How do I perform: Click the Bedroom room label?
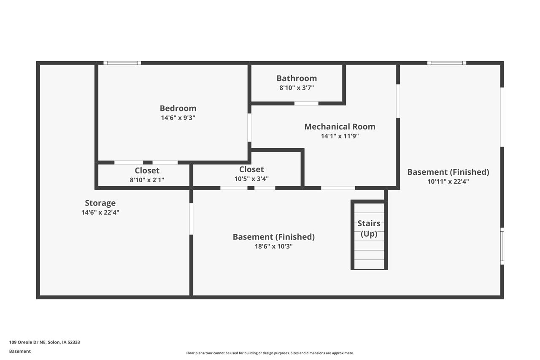(x=178, y=108)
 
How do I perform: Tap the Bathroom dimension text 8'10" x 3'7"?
(x=297, y=88)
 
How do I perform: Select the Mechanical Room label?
(x=340, y=127)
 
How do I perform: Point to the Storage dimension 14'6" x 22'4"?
(x=100, y=212)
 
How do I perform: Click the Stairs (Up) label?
(x=369, y=228)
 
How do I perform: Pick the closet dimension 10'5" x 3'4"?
(x=251, y=179)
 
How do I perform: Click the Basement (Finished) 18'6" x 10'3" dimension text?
(x=274, y=246)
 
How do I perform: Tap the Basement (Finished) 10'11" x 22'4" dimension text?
(x=448, y=181)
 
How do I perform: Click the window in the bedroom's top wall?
(x=122, y=63)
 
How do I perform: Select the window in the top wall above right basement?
(x=447, y=63)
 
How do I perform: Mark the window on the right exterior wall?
(x=502, y=246)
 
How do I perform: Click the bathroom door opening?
(x=306, y=103)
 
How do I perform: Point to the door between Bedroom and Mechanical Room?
(x=249, y=127)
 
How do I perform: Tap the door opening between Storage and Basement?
(x=191, y=219)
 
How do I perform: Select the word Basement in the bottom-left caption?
(x=20, y=351)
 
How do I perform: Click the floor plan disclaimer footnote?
(x=270, y=353)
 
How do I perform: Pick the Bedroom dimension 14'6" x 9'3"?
(x=178, y=118)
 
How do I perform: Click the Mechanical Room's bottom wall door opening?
(x=338, y=188)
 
